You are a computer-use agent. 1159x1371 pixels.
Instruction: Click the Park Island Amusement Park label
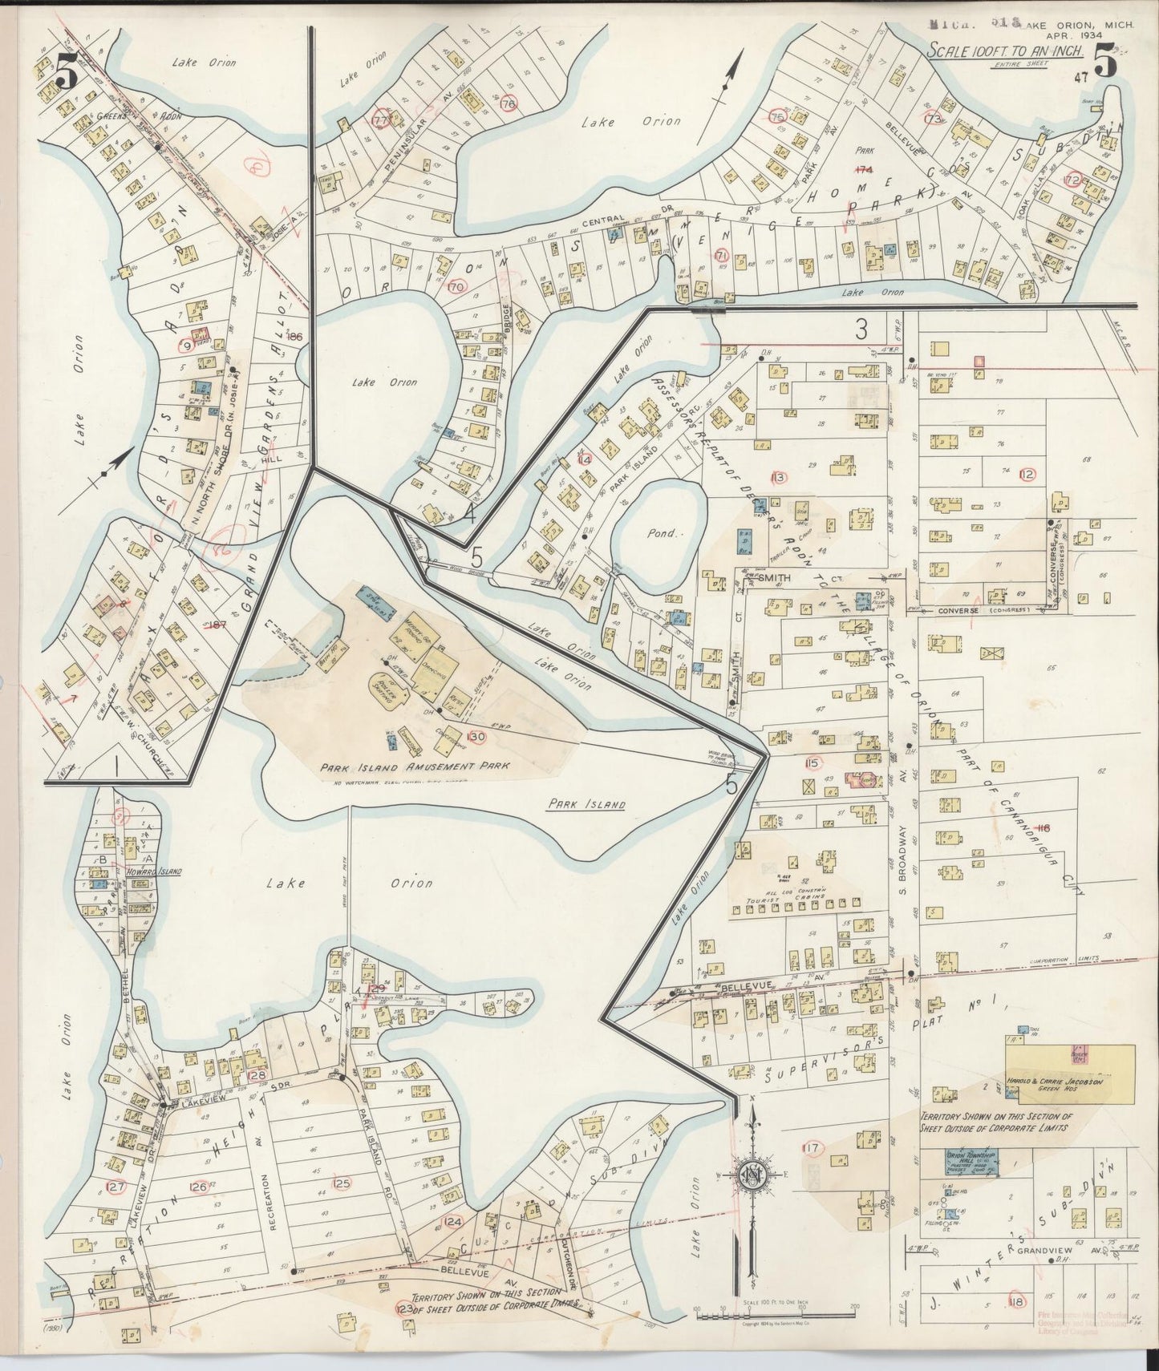pyautogui.click(x=415, y=767)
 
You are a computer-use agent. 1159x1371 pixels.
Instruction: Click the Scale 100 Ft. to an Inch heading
pyautogui.click(x=1006, y=50)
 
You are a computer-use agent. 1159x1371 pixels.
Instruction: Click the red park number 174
pyautogui.click(x=863, y=169)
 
